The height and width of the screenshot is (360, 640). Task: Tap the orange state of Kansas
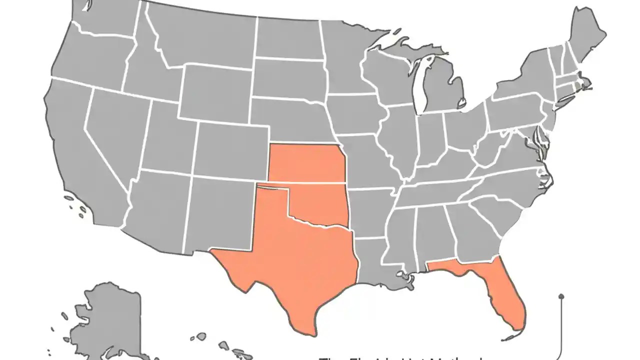click(305, 162)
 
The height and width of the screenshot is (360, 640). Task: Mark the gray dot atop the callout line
click(561, 296)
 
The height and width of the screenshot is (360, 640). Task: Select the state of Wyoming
click(215, 92)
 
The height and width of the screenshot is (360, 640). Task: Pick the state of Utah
click(165, 140)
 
